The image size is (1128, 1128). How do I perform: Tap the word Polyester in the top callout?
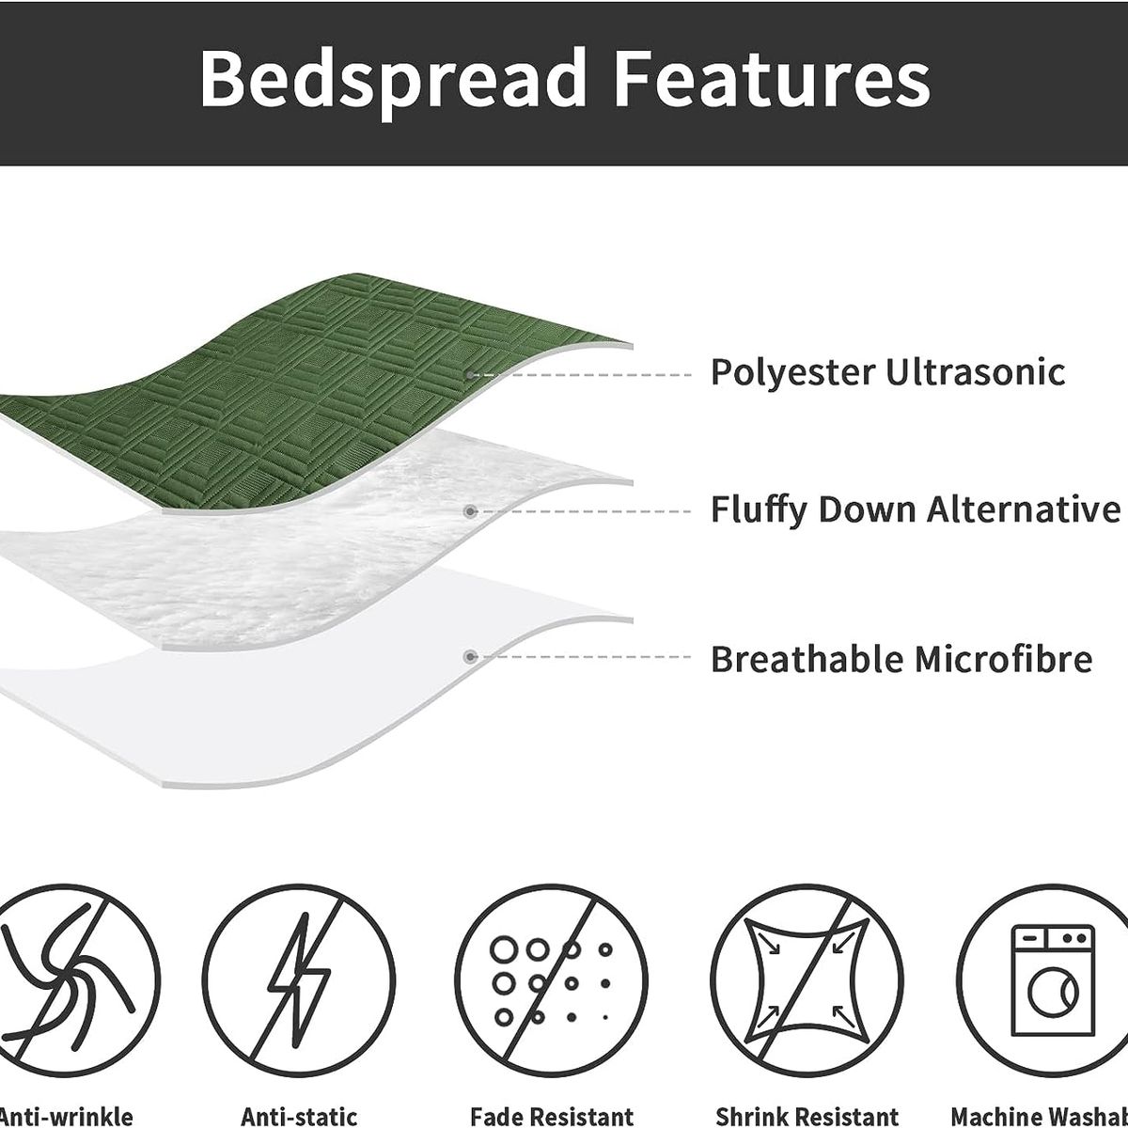[792, 372]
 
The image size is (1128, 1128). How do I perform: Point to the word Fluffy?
[759, 510]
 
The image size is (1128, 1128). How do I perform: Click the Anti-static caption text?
[299, 1117]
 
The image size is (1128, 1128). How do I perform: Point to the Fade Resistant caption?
[552, 1117]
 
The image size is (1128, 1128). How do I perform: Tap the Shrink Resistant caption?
[807, 1117]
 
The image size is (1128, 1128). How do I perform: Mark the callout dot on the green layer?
[470, 375]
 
